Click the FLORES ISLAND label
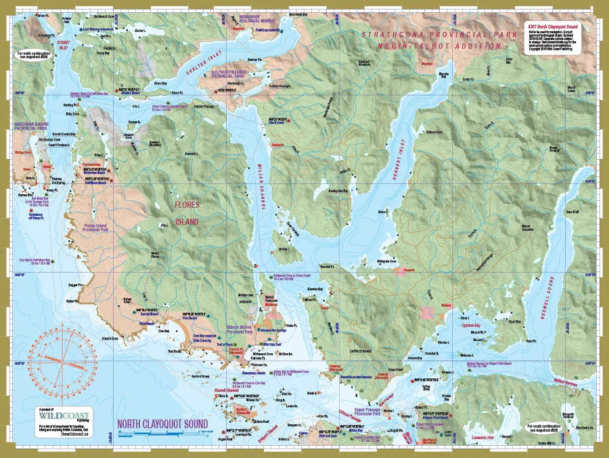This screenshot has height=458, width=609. point(186,212)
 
